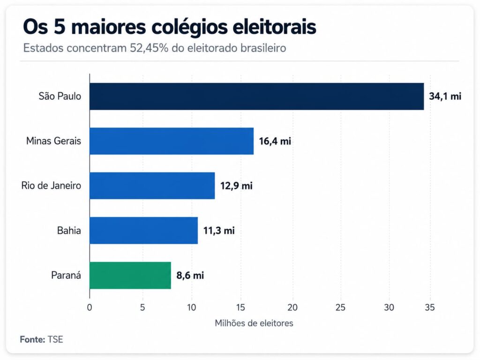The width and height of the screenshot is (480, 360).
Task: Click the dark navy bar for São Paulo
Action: click(x=256, y=96)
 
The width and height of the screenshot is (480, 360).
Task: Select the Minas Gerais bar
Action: click(x=172, y=141)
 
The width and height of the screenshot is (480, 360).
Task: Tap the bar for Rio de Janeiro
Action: click(x=152, y=186)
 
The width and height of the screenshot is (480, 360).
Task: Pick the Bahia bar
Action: click(x=143, y=230)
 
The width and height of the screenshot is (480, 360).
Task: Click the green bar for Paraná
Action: click(x=130, y=275)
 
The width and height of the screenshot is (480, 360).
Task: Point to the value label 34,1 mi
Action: click(x=445, y=97)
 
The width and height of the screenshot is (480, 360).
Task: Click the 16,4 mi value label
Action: click(x=275, y=141)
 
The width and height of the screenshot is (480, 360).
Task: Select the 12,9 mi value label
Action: click(x=236, y=186)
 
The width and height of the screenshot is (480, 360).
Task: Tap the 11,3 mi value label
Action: click(x=219, y=231)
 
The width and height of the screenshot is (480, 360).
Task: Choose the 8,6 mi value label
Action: click(x=190, y=276)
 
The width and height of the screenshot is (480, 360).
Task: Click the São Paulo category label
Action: click(x=60, y=96)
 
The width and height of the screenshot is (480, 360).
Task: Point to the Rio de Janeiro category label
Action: click(x=51, y=186)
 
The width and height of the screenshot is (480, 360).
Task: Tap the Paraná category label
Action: click(x=66, y=275)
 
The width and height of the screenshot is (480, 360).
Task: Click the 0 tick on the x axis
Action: click(x=90, y=307)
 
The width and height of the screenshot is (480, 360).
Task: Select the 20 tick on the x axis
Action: click(x=292, y=307)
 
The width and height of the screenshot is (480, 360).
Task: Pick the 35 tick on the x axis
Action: click(x=429, y=307)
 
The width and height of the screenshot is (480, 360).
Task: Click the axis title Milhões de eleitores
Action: click(x=254, y=323)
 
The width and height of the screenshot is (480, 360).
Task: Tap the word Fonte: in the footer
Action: click(x=32, y=339)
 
